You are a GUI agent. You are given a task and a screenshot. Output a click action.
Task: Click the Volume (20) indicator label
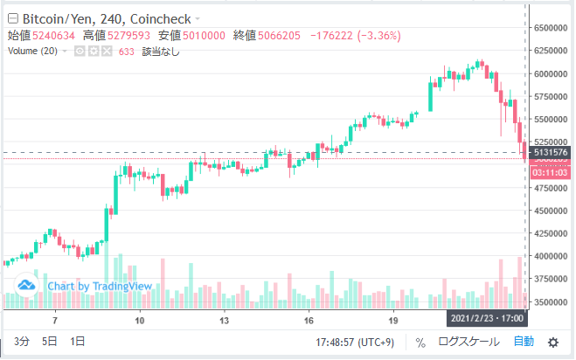coord(33,52)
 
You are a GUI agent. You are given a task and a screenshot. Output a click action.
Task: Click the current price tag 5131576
coord(551,152)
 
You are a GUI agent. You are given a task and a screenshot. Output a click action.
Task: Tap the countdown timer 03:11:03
coord(551,173)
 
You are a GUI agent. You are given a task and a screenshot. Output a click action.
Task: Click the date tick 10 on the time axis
coord(140,321)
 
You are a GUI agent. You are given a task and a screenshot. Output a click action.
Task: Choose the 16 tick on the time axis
coord(309,321)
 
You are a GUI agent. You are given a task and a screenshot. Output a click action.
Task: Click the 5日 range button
coord(50,342)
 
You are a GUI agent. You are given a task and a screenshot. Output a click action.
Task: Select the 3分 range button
coord(21,342)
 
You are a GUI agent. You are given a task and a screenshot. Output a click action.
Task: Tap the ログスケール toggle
coord(469,342)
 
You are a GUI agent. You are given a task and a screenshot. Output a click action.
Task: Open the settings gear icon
coord(552,342)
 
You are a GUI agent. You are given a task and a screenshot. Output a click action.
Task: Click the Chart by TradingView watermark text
coord(99,286)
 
